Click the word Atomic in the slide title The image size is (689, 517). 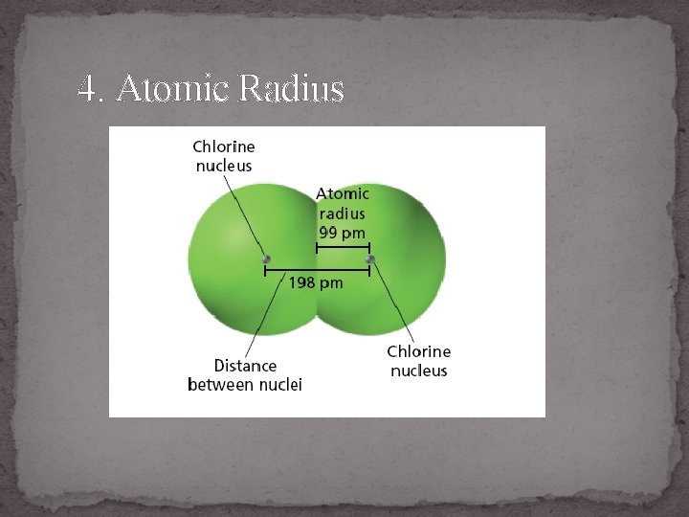click(x=173, y=90)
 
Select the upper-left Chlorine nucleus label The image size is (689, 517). click(x=224, y=156)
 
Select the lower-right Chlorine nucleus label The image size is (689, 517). click(x=418, y=361)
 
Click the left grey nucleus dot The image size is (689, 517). click(x=265, y=258)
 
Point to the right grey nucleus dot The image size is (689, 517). click(x=369, y=258)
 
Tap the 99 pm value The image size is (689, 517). click(x=342, y=232)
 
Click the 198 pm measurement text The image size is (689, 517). click(x=316, y=283)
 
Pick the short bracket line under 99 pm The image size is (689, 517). click(x=343, y=247)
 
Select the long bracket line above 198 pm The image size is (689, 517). click(x=317, y=271)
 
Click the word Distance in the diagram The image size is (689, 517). click(x=245, y=366)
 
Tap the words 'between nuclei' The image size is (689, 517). click(x=245, y=385)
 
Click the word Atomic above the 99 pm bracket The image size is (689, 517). click(x=342, y=193)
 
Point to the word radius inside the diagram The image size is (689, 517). click(x=342, y=213)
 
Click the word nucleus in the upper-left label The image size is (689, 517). click(x=224, y=166)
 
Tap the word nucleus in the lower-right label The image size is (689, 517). click(x=418, y=371)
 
